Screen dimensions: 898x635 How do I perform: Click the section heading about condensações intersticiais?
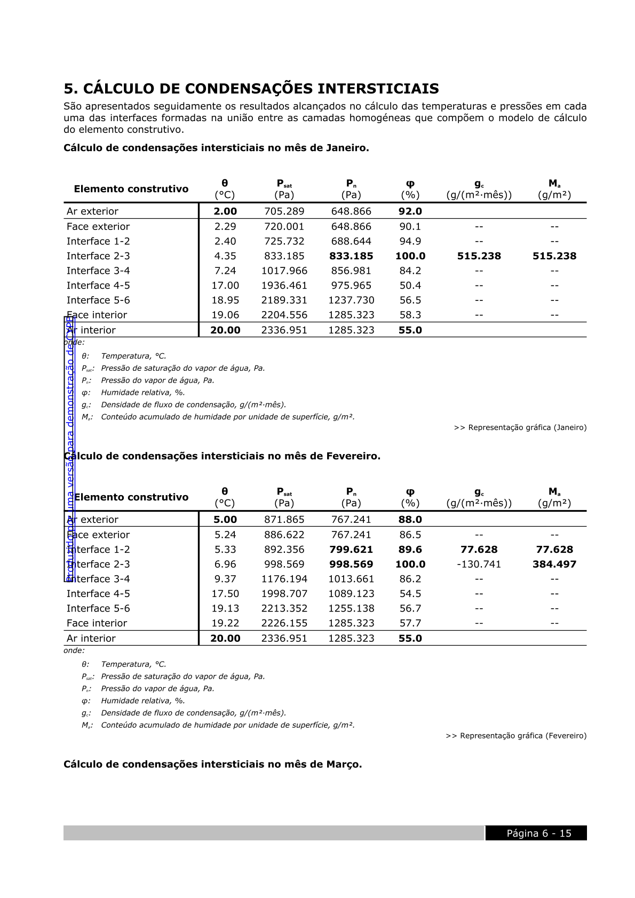tap(251, 89)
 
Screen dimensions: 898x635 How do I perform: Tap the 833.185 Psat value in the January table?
tap(284, 256)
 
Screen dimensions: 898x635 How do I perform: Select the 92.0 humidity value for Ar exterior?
tap(410, 211)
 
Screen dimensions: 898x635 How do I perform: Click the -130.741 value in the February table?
tap(479, 565)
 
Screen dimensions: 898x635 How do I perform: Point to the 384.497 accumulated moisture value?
tap(554, 565)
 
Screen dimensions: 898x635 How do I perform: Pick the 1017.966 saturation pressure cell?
tap(284, 271)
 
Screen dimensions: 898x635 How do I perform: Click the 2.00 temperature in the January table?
tap(225, 211)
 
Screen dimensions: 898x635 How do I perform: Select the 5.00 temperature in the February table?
tap(225, 520)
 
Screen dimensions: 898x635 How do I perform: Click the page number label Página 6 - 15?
tap(538, 833)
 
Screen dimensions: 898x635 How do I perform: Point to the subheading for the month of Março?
tap(212, 764)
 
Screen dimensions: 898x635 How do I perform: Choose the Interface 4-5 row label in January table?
tap(98, 285)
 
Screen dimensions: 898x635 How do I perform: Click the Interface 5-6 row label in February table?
tap(98, 609)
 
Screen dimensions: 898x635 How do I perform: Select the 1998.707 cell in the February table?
tap(284, 594)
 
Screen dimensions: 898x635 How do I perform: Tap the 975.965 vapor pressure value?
tap(351, 285)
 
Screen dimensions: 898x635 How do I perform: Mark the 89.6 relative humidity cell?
tap(410, 550)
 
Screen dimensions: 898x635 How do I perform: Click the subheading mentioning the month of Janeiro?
tap(216, 148)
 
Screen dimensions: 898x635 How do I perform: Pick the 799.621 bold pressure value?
tap(351, 550)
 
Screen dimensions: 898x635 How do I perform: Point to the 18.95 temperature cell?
tap(225, 300)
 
